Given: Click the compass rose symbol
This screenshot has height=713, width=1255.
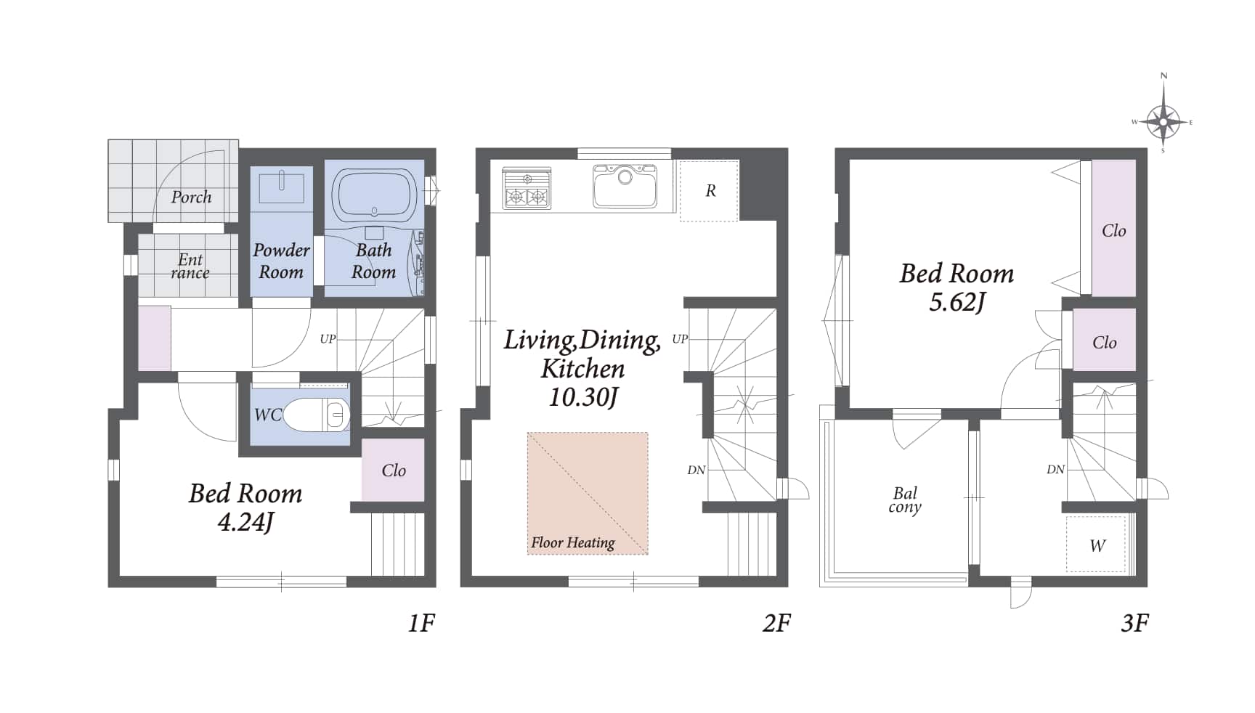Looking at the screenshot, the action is (1163, 121).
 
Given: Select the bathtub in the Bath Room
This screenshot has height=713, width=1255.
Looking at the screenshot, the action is (374, 194).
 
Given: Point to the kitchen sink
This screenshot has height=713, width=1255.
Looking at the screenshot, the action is (625, 186).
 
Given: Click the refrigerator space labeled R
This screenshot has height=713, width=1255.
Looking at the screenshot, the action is (709, 191).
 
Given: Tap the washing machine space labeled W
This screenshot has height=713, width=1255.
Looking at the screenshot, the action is (1096, 545).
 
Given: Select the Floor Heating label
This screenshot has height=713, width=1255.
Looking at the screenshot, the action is (572, 542).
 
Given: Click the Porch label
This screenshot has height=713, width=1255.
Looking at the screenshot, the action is (191, 197).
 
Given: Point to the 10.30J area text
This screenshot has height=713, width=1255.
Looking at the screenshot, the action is (583, 397).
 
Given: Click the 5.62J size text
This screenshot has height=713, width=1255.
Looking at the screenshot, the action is (957, 301).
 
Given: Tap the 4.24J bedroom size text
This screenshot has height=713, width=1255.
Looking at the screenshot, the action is (245, 522).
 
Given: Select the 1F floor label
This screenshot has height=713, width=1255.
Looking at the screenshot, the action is (421, 622).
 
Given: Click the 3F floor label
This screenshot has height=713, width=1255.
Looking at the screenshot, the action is (1135, 622).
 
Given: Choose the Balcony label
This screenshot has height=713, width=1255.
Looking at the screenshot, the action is (905, 500).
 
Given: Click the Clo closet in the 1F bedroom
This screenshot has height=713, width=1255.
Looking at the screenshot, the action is (393, 470).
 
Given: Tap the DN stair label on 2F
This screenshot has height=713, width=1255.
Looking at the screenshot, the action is (696, 470).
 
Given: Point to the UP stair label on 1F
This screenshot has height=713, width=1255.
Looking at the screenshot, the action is (328, 339).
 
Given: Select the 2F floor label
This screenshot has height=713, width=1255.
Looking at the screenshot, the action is (776, 622).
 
